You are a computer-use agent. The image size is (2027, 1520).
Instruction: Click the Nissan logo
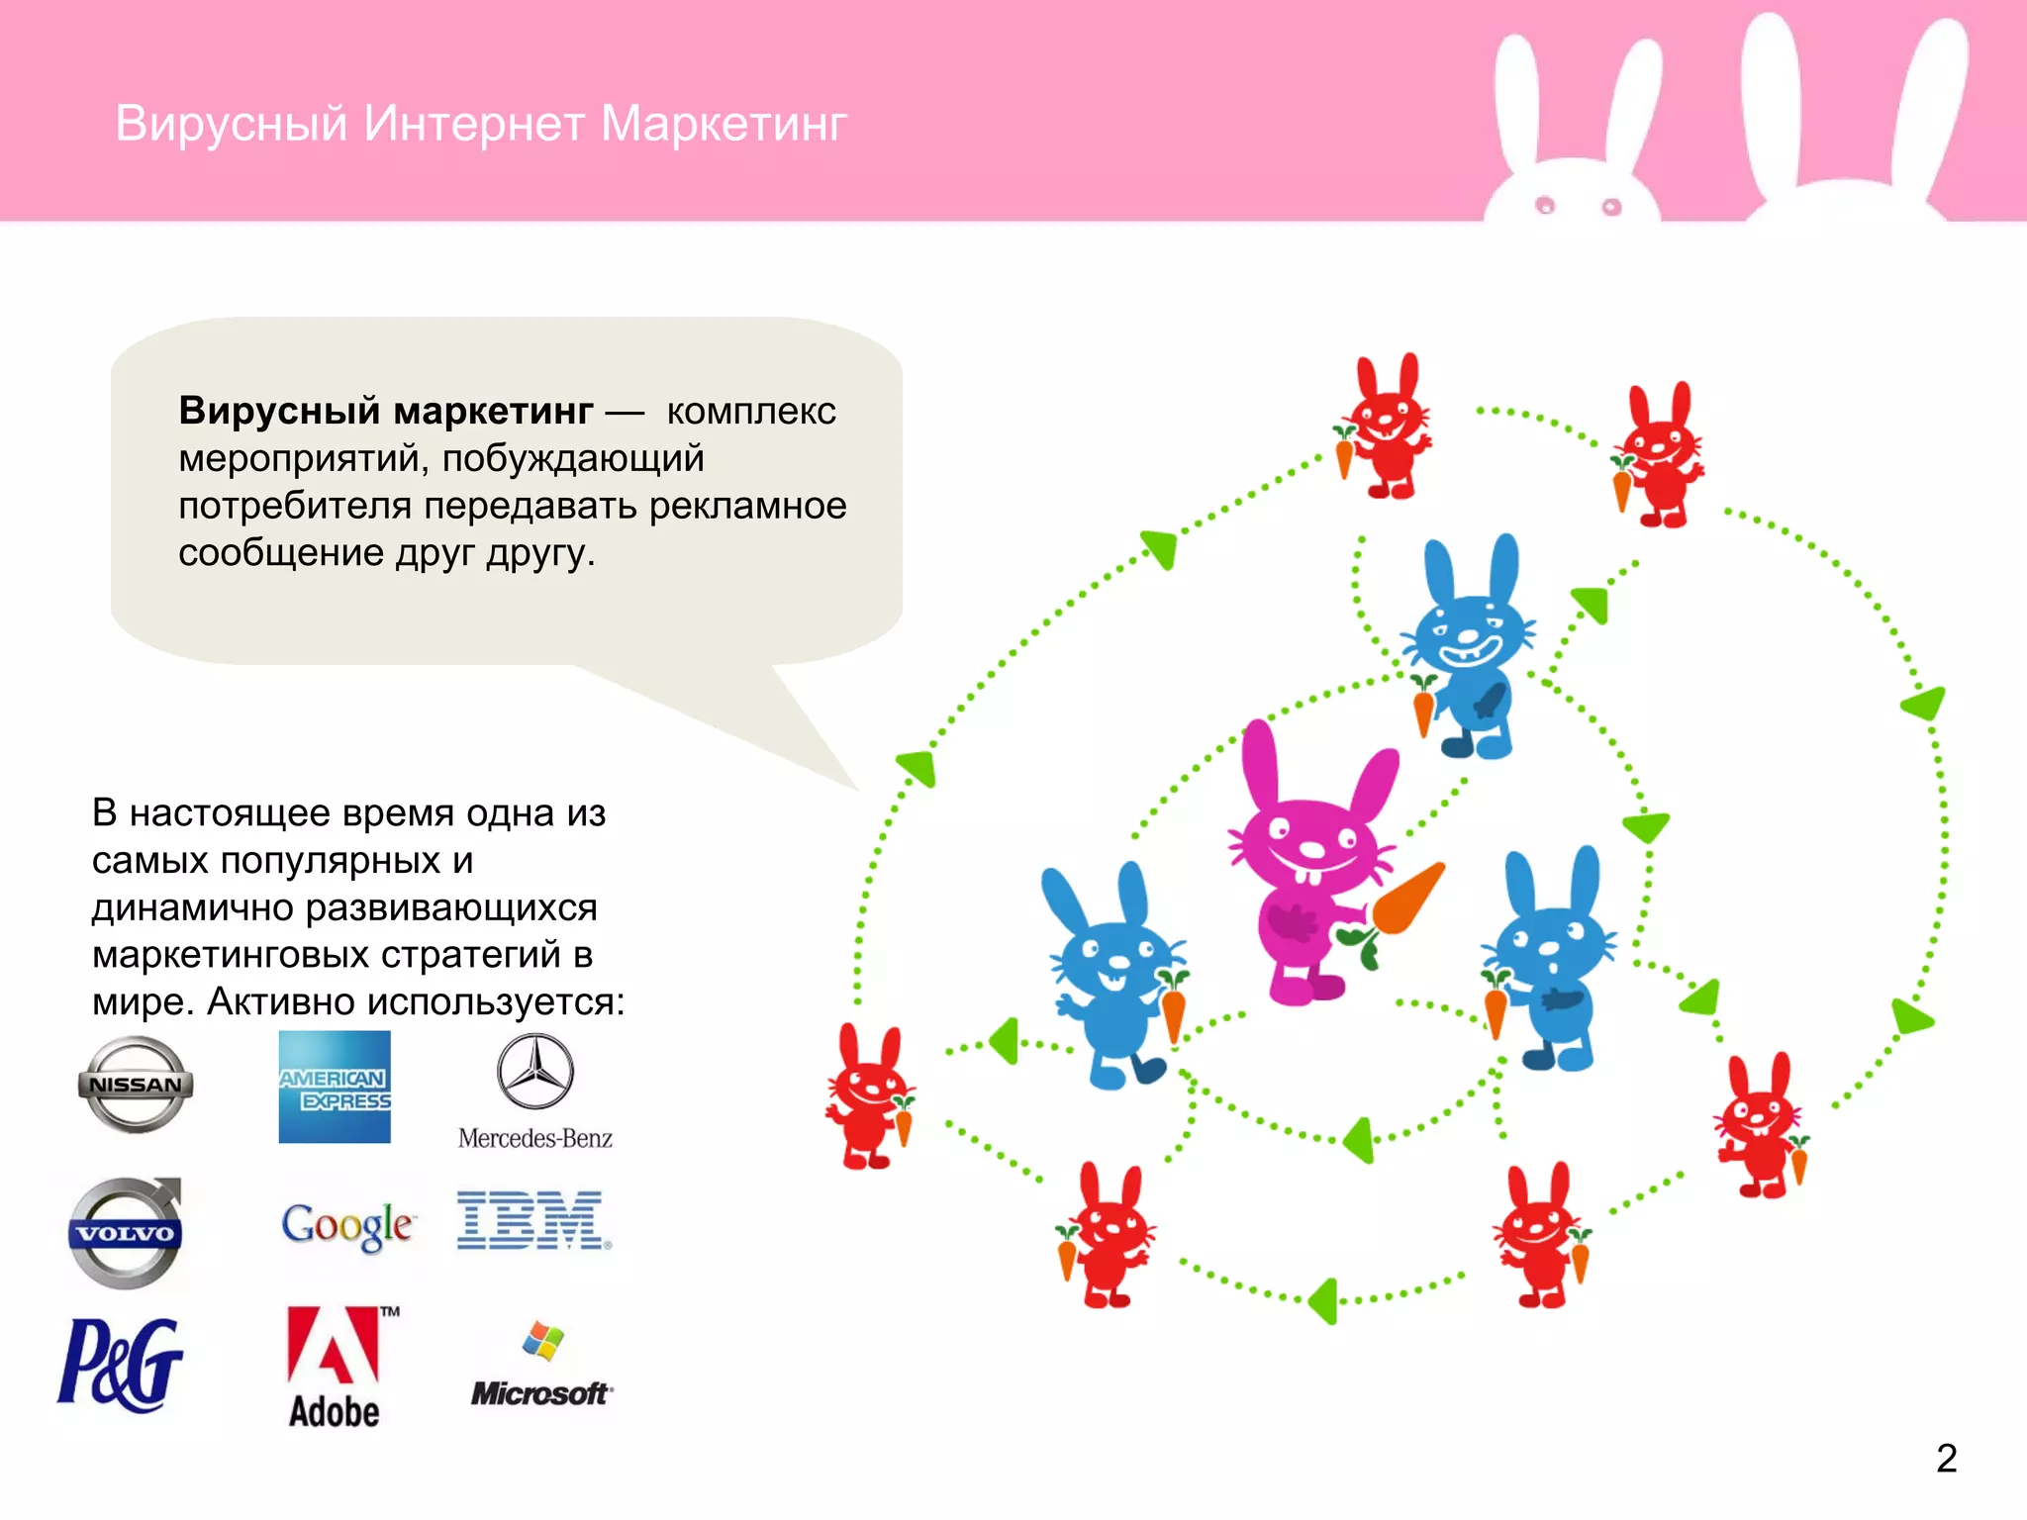136,1085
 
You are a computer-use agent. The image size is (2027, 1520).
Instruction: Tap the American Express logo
335,1088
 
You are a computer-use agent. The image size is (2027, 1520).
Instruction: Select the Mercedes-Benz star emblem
534,1072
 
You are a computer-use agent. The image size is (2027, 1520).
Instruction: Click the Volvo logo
126,1233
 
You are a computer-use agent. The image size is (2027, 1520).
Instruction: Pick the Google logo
346,1226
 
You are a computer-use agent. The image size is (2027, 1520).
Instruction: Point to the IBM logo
532,1220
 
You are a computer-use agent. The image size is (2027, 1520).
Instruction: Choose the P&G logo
121,1365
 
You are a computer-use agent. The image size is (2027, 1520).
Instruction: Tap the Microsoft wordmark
540,1394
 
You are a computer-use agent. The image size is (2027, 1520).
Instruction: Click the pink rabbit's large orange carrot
1408,899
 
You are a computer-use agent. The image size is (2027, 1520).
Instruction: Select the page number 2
1946,1459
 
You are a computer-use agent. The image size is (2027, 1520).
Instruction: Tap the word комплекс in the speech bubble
751,411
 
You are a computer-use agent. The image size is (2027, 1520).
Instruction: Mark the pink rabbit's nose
1311,849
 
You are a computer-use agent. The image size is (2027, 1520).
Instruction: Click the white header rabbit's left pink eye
1545,205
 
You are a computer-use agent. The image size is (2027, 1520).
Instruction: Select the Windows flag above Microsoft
542,1341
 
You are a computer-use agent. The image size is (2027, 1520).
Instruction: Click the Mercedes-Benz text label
534,1139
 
